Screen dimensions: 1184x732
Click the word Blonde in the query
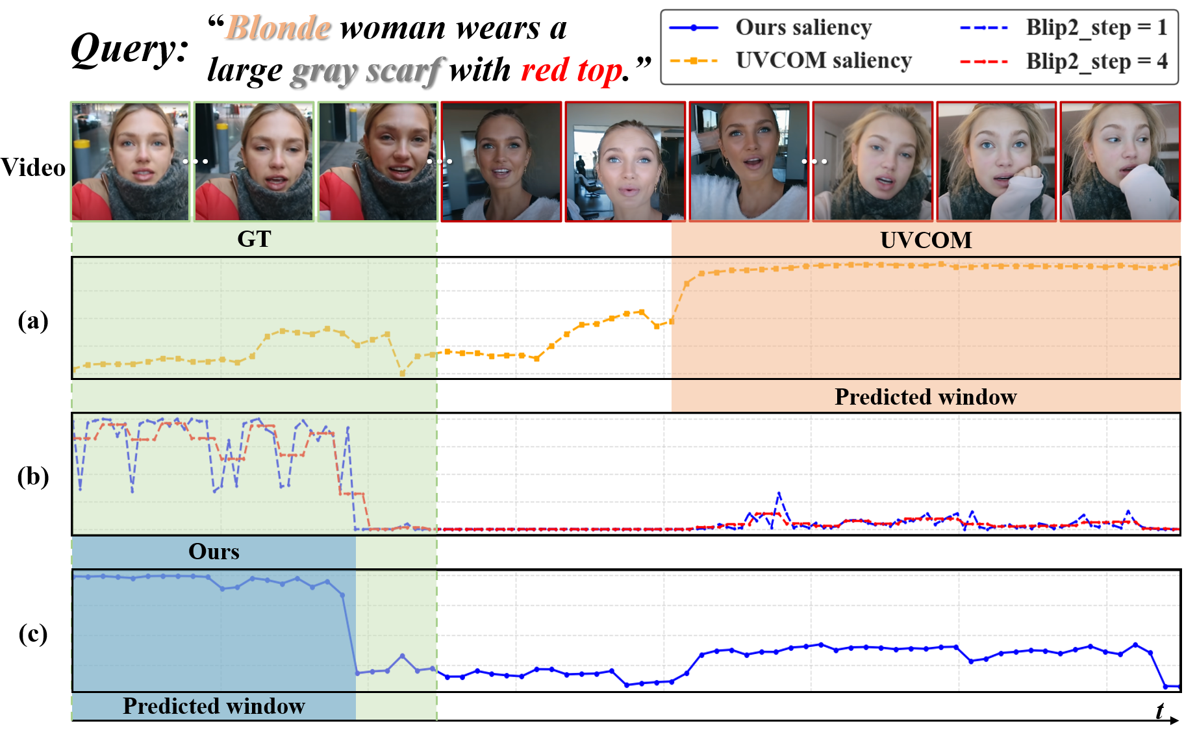(279, 29)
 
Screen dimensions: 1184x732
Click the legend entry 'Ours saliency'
(771, 28)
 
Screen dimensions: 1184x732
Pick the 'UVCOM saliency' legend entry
(790, 60)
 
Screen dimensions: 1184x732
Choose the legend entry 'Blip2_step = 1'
(1063, 28)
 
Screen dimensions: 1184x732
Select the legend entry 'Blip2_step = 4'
(1063, 62)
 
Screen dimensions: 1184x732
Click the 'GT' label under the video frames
(254, 239)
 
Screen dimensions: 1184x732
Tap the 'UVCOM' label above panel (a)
(926, 240)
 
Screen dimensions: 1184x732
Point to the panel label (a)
(33, 320)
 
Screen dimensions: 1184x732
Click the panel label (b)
(33, 476)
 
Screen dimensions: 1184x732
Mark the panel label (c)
(33, 633)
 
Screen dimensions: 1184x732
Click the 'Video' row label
(33, 168)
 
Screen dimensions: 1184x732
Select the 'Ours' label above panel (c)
(214, 551)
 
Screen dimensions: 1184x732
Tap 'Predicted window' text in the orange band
(926, 397)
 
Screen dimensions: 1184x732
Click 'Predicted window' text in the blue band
(214, 706)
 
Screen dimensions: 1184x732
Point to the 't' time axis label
(1160, 711)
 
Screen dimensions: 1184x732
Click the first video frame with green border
(131, 162)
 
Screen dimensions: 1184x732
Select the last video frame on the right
(1120, 162)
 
